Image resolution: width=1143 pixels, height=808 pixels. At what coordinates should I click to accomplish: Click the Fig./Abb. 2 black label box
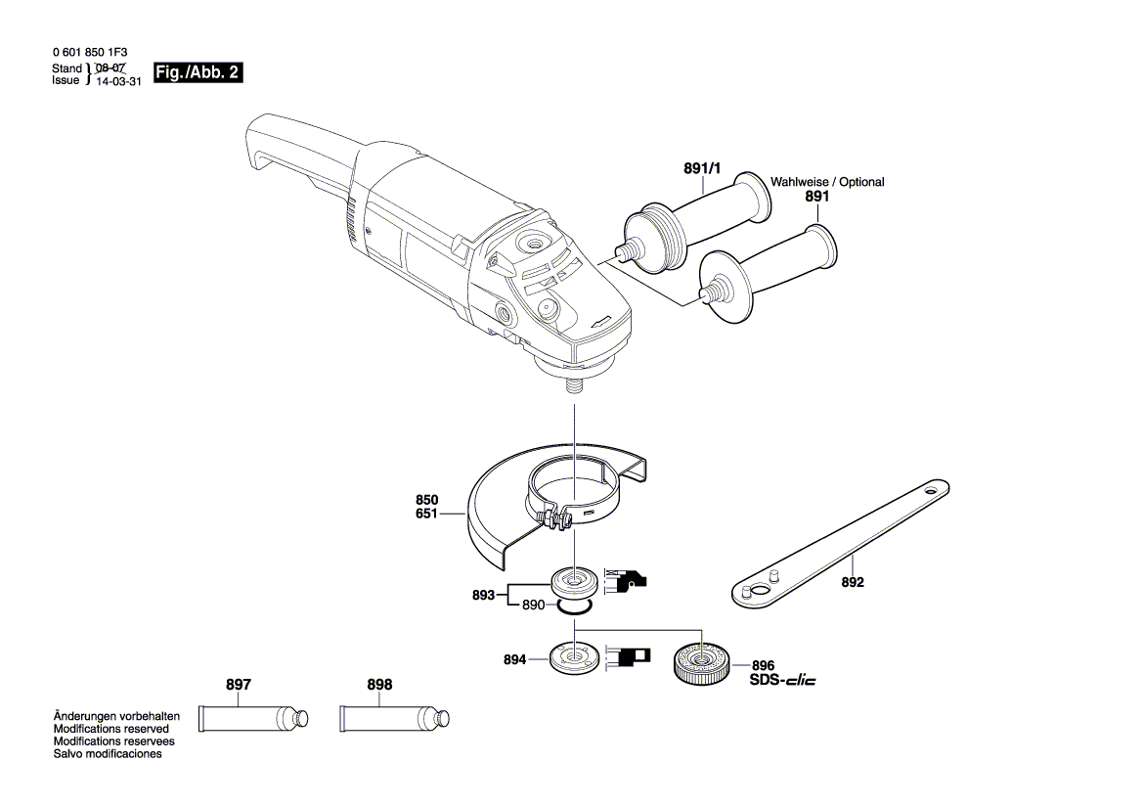point(198,72)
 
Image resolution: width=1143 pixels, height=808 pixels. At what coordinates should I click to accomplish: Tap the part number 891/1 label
point(702,168)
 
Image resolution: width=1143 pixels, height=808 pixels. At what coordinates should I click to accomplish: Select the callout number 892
point(853,582)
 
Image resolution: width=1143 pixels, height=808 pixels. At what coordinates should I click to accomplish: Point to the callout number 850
point(427,500)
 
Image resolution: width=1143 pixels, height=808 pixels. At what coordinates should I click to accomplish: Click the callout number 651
point(427,514)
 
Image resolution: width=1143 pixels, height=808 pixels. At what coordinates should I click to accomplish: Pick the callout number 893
point(483,595)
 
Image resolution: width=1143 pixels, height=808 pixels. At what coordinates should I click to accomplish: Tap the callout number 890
point(533,605)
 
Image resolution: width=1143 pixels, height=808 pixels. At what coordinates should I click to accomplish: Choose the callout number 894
point(514,659)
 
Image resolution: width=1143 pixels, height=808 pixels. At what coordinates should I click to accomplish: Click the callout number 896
point(764,665)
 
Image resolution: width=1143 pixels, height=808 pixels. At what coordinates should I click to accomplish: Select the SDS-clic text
point(783,681)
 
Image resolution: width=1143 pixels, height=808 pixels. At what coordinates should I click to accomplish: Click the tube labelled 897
point(253,718)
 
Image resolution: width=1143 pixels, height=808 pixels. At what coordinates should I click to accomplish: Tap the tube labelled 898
point(394,718)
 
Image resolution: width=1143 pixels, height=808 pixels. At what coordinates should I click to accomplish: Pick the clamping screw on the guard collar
point(554,520)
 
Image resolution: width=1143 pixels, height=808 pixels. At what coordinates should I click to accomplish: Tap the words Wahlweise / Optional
point(827,182)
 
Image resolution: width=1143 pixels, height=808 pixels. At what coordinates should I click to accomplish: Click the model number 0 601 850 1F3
point(90,53)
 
